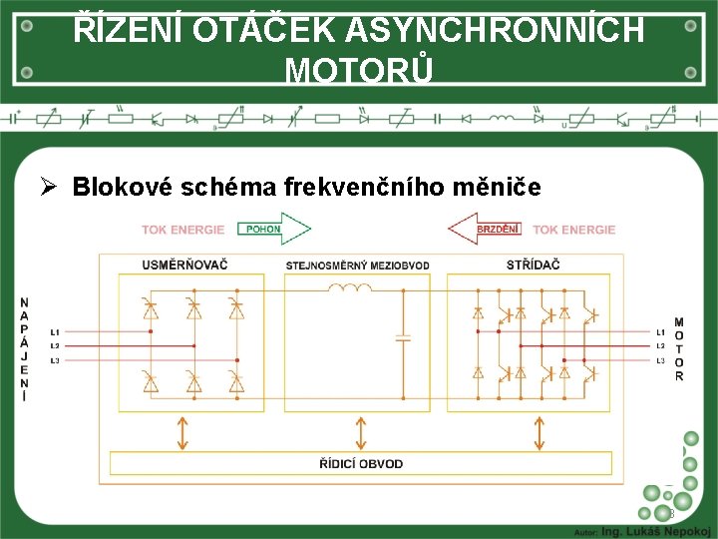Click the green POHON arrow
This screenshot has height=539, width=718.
pos(273,230)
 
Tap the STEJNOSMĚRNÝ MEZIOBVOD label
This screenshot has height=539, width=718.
pos(357,266)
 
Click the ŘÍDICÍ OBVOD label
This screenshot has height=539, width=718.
pos(361,463)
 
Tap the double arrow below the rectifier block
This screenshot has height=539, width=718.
pos(182,431)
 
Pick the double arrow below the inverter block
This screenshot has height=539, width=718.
pos(540,431)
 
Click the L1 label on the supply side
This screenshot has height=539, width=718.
pos(55,331)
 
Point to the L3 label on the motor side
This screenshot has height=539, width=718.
pos(660,359)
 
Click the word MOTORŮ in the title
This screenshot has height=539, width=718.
pos(359,71)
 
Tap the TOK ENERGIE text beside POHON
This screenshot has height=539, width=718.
pos(182,230)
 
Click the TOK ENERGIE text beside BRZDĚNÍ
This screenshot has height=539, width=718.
pos(573,230)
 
